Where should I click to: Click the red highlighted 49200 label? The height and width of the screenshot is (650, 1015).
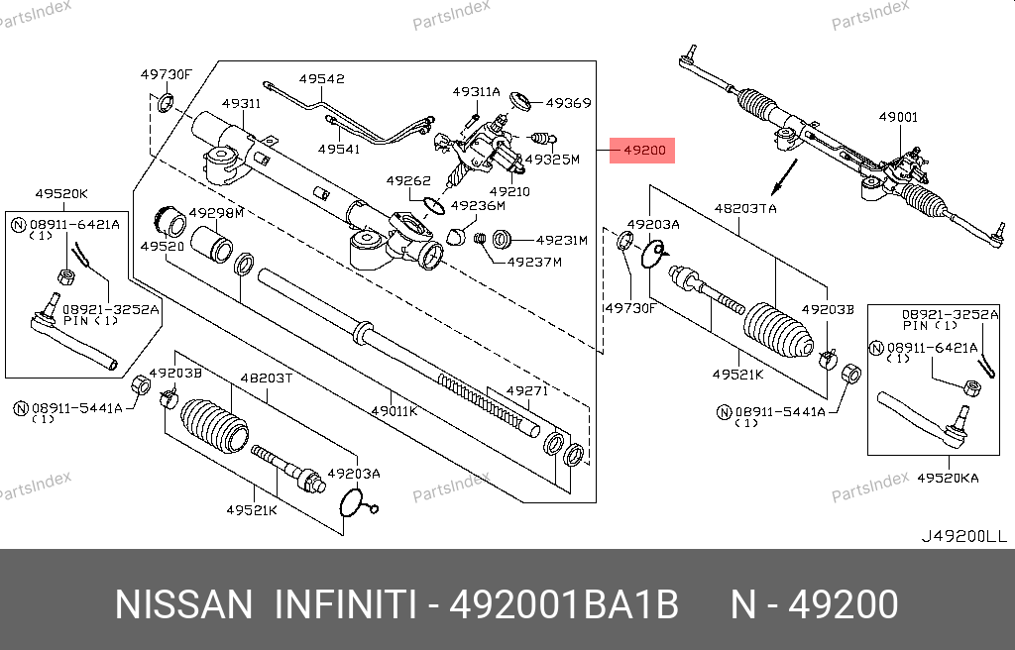coord(642,151)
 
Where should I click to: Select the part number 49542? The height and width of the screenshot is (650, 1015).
coord(322,79)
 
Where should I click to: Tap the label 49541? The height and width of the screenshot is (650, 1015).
coord(339,149)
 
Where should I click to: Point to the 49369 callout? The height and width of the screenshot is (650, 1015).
coord(568,103)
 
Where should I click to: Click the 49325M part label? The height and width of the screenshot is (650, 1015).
coord(552,160)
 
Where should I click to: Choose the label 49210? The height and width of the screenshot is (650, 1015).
coord(509,191)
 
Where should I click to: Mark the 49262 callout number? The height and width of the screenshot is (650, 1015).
coord(408,180)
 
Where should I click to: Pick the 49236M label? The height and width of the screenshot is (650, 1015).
coord(478,206)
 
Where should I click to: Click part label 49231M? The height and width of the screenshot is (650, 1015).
coord(561,240)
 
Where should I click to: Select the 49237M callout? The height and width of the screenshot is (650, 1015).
coord(534,263)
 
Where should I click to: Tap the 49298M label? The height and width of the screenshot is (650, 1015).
coord(216,213)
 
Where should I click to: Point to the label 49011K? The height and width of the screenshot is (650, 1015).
coord(395,410)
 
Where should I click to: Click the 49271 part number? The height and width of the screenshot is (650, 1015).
coord(527,390)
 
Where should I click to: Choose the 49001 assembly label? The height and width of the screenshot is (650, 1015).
coord(898,117)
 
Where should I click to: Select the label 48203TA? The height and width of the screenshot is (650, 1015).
coord(745,208)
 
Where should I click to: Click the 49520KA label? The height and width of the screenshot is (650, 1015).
coord(948,479)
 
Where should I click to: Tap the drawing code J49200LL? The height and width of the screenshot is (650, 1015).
coord(964,537)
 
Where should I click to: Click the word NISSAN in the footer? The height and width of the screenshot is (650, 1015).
coord(183,605)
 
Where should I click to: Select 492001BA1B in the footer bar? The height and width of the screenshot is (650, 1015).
coord(564,605)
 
